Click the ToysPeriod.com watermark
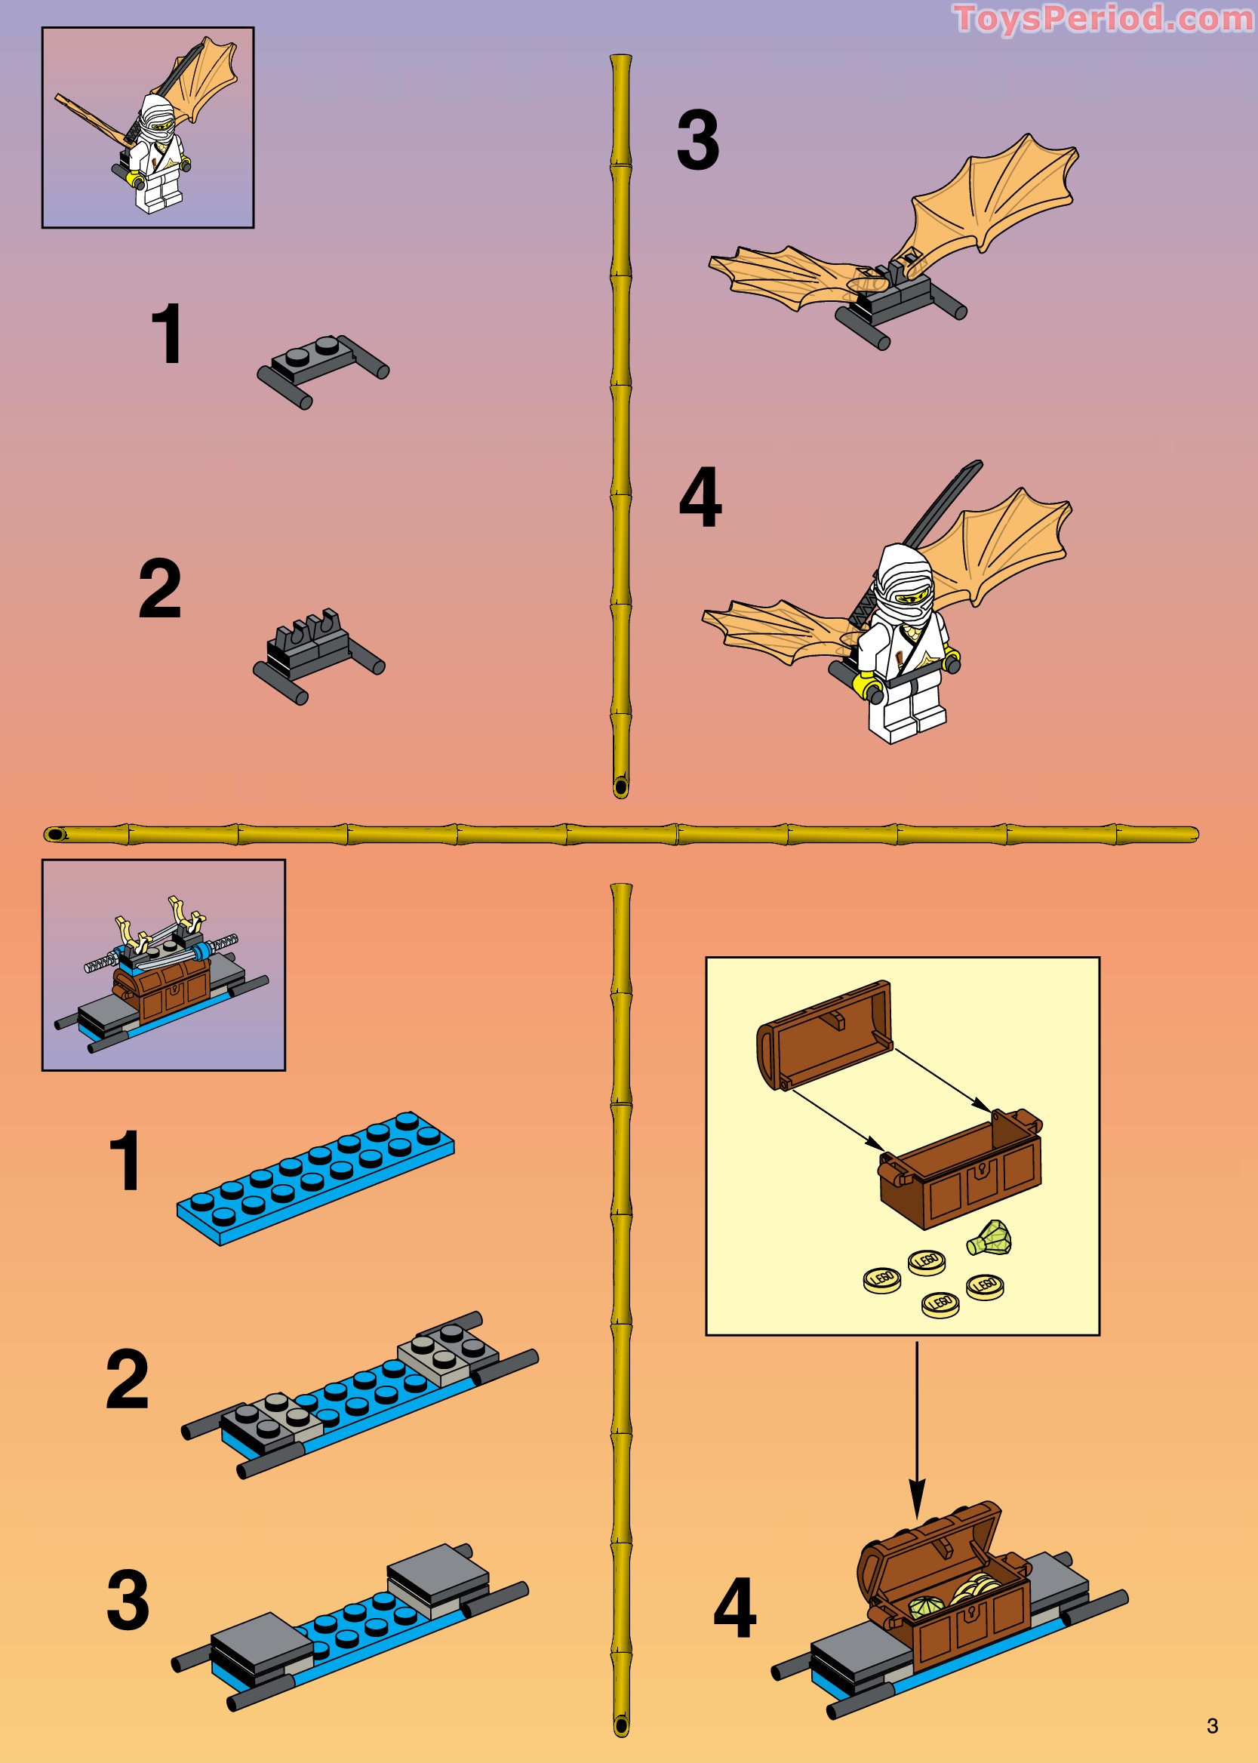click(x=1103, y=19)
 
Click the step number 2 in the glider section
click(x=159, y=590)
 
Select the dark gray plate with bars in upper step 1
click(x=323, y=370)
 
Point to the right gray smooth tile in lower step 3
click(x=438, y=1565)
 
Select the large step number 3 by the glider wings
click(x=697, y=141)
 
